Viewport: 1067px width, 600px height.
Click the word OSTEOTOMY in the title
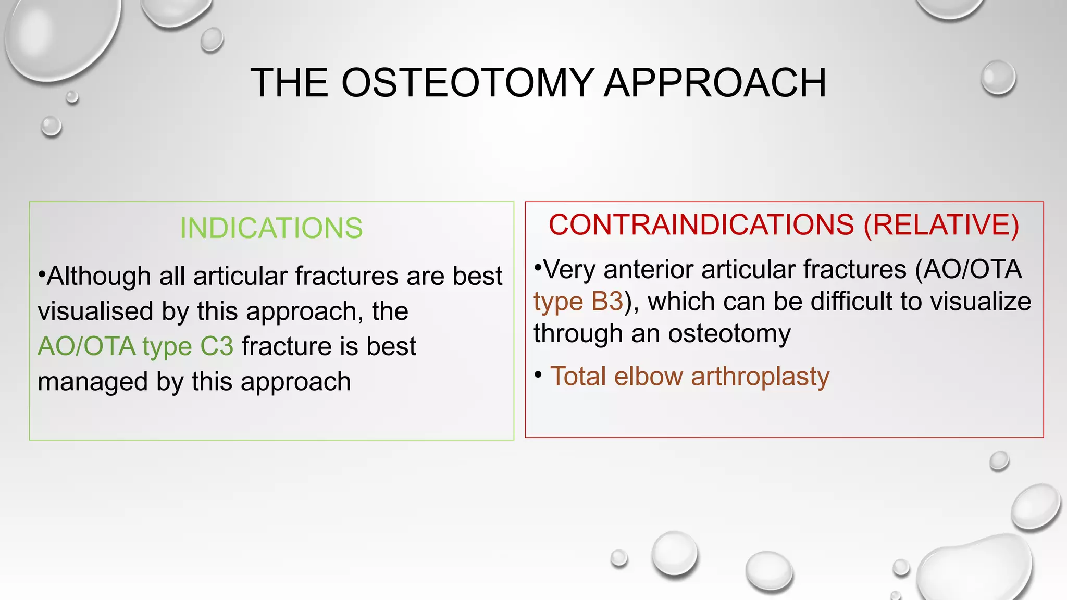467,83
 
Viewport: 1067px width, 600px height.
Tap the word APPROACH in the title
714,83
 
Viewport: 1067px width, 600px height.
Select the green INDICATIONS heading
271,228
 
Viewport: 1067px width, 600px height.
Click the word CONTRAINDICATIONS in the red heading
701,225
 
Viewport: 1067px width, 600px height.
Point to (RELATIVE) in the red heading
941,225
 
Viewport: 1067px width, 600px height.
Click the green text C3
217,346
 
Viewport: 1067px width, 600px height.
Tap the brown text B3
607,302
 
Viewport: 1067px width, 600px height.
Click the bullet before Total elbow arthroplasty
539,374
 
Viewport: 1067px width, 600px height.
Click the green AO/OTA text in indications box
86,346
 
